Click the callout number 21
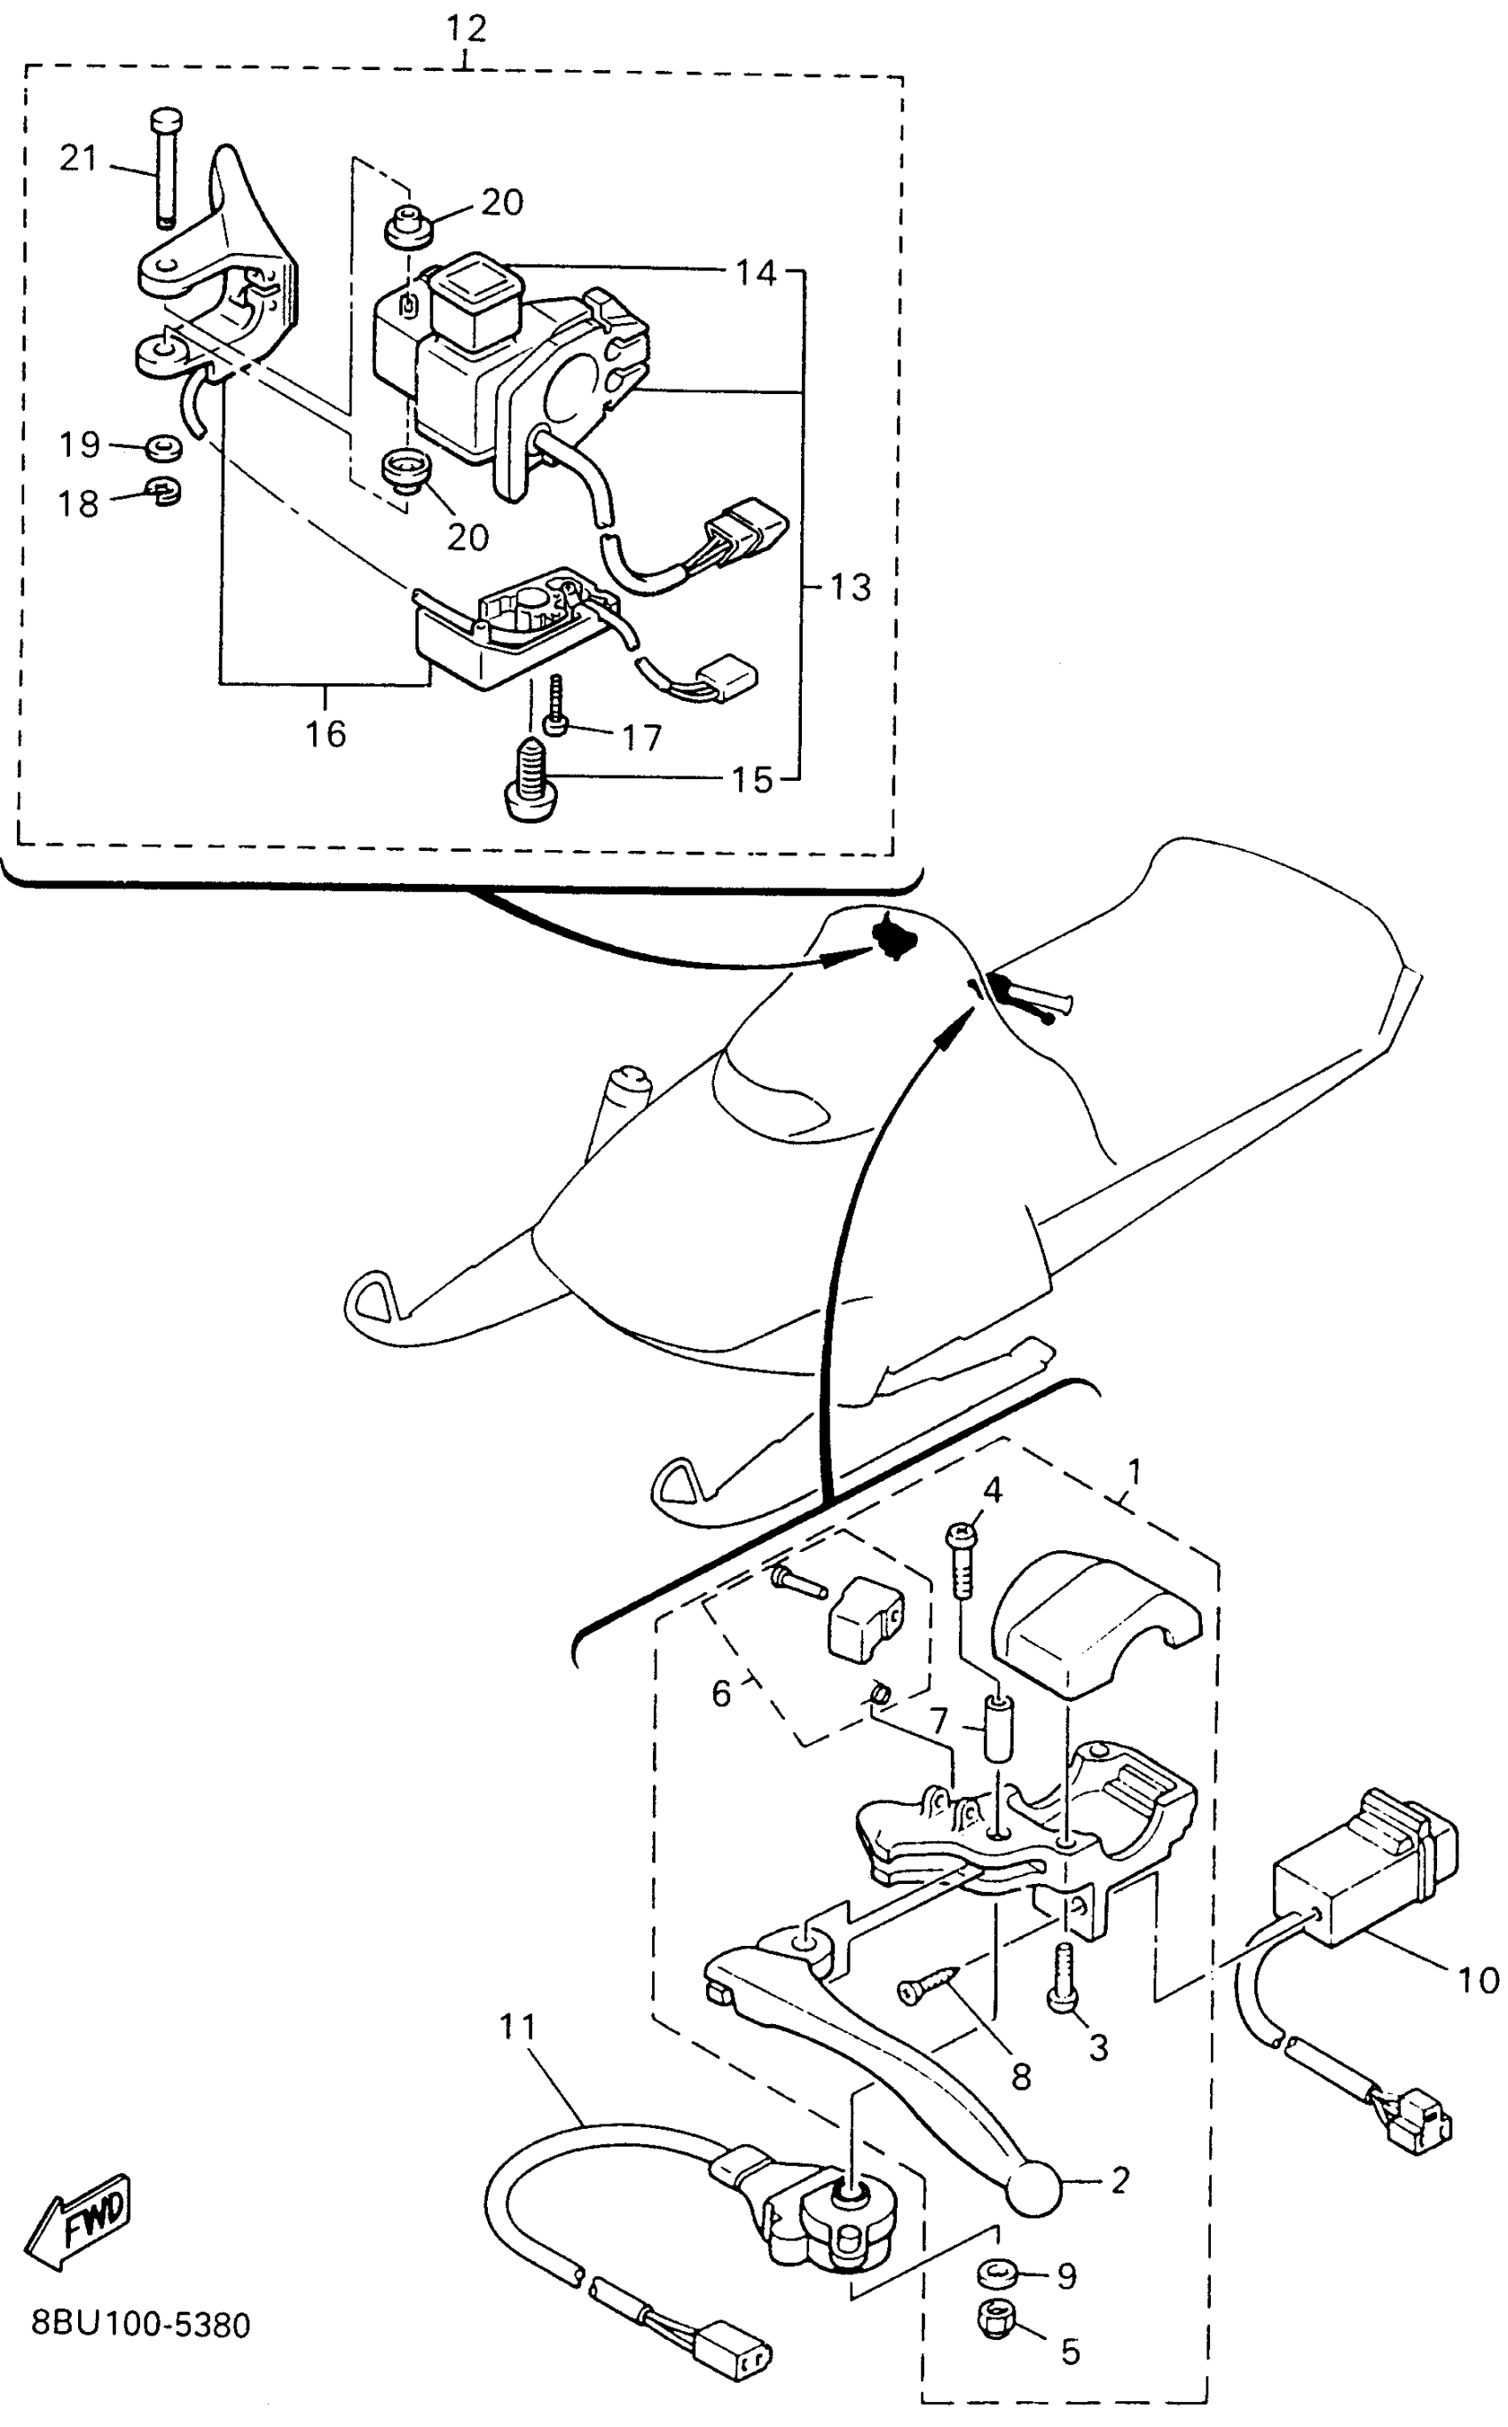(x=79, y=158)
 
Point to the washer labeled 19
(x=162, y=448)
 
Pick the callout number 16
(x=326, y=734)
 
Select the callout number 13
(x=850, y=587)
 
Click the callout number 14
(x=756, y=272)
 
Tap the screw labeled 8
(x=927, y=1984)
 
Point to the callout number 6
(x=721, y=1693)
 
